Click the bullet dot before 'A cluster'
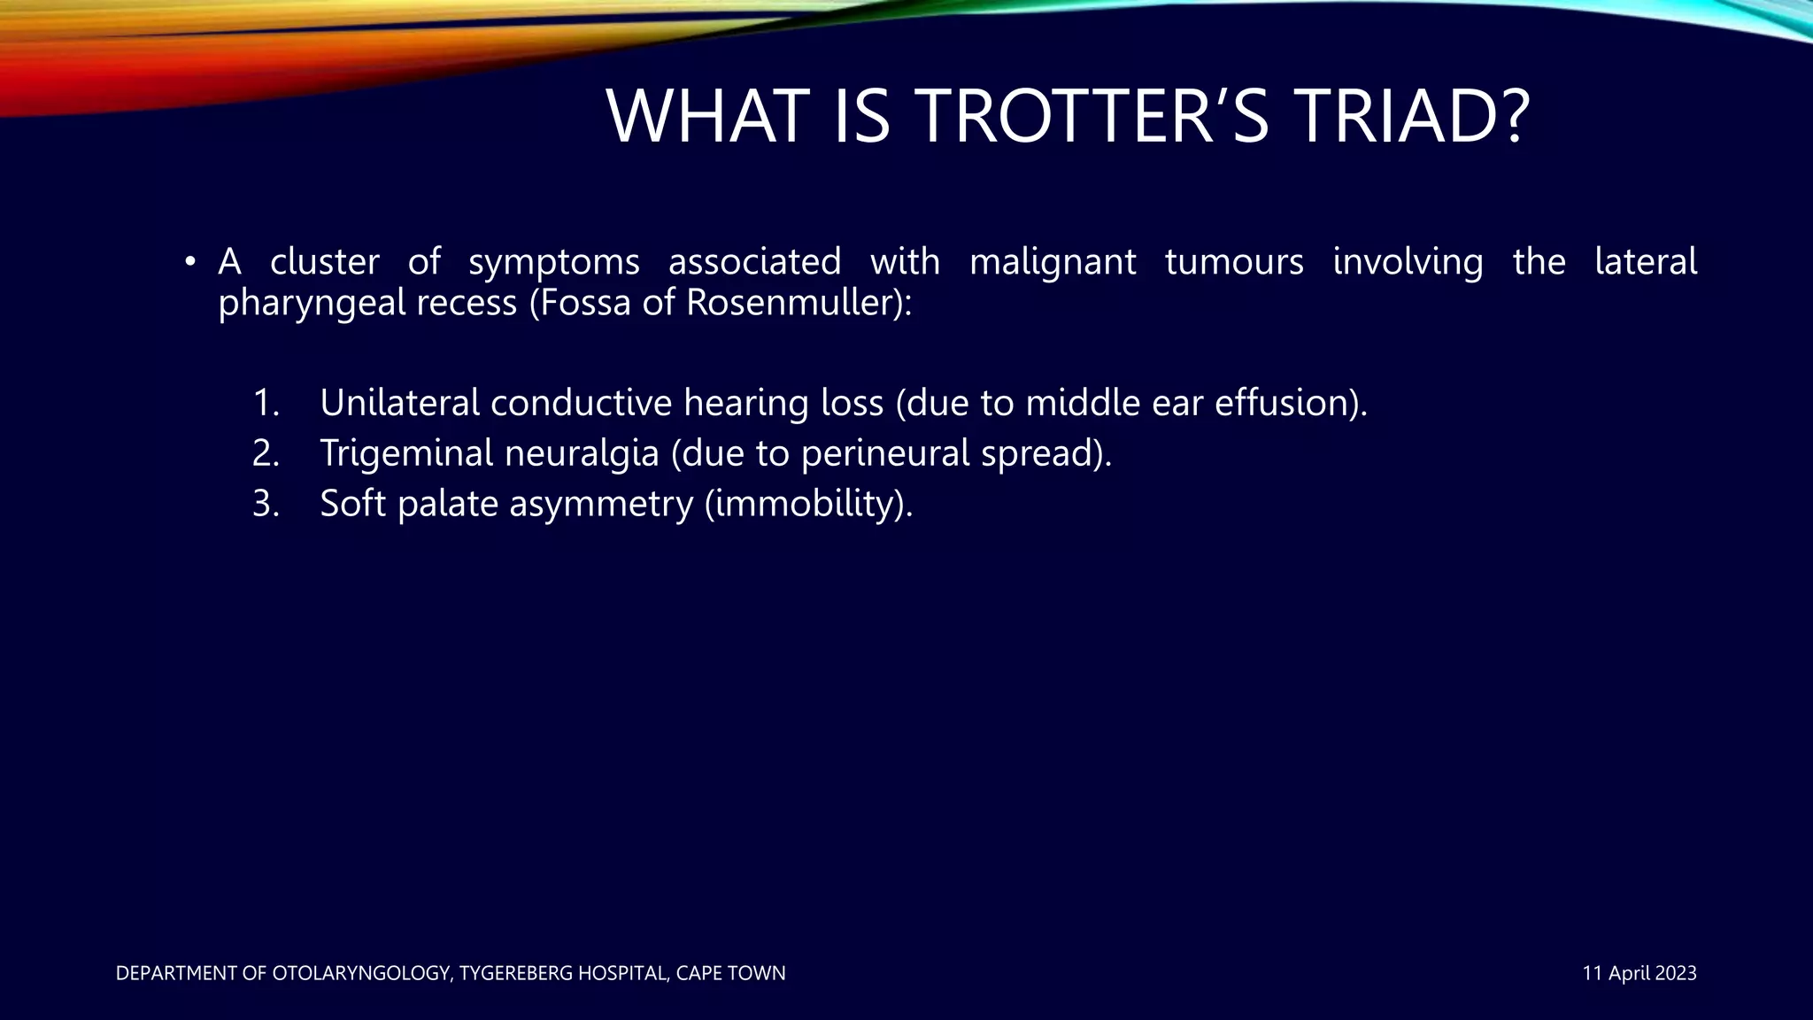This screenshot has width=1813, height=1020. (x=189, y=262)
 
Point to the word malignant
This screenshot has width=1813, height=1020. (x=1053, y=262)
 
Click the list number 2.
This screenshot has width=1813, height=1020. (x=265, y=453)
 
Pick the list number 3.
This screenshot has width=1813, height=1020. (x=265, y=504)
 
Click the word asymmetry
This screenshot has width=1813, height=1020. (x=601, y=505)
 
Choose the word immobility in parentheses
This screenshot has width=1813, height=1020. (x=804, y=505)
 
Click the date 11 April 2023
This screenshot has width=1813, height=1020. (x=1639, y=973)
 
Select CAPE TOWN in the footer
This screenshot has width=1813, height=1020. (x=730, y=973)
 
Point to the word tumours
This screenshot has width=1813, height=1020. (x=1234, y=262)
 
